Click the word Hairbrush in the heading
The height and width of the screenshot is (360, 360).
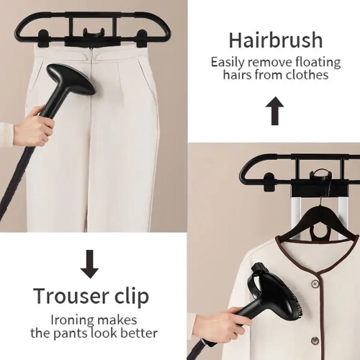[276, 40]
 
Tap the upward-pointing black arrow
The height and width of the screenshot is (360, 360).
[275, 111]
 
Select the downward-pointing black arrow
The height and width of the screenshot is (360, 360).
[89, 264]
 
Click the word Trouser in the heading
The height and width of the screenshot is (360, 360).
[71, 296]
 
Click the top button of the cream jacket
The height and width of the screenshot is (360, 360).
[314, 284]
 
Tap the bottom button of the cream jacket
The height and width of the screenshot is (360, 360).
[315, 341]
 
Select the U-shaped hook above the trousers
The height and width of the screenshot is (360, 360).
[94, 33]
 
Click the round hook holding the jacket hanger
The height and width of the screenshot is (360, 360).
[320, 176]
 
